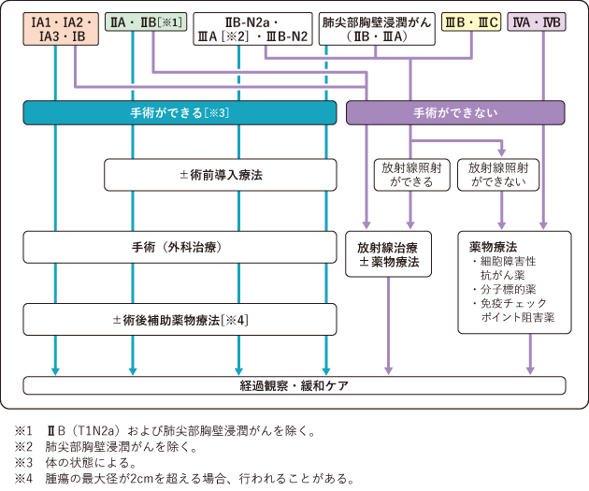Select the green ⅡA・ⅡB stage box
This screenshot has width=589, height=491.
click(149, 21)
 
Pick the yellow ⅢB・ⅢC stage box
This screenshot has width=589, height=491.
click(469, 21)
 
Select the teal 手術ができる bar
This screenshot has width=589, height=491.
click(180, 113)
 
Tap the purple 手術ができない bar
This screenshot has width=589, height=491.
click(455, 113)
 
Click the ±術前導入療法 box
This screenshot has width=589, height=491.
click(220, 174)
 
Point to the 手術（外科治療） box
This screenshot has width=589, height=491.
click(180, 248)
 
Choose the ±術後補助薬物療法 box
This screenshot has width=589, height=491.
click(180, 319)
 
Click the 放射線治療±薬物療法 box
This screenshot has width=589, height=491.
click(394, 256)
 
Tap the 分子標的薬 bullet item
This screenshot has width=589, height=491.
click(506, 290)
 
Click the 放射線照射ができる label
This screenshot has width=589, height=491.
click(409, 174)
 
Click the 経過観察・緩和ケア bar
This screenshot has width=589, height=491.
click(294, 385)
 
